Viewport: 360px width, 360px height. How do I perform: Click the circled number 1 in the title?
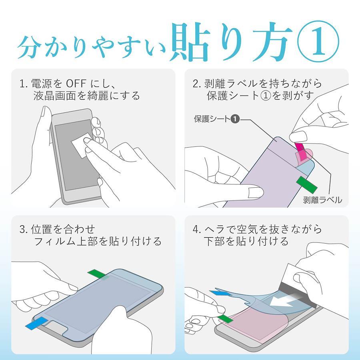coord(318,41)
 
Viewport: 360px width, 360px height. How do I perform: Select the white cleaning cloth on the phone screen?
coord(82,145)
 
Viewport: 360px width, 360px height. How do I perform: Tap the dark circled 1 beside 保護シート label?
coord(235,119)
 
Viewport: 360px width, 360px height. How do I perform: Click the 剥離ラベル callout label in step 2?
coord(322,200)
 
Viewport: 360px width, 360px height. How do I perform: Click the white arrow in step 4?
coord(287,300)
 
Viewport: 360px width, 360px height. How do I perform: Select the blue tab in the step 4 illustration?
coord(220,293)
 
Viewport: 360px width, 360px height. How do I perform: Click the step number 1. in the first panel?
coord(24,84)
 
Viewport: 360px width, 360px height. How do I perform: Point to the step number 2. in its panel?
coord(197,84)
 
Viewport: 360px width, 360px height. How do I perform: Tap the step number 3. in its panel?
coord(24,229)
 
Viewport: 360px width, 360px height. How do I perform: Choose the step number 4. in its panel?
coord(197,229)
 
